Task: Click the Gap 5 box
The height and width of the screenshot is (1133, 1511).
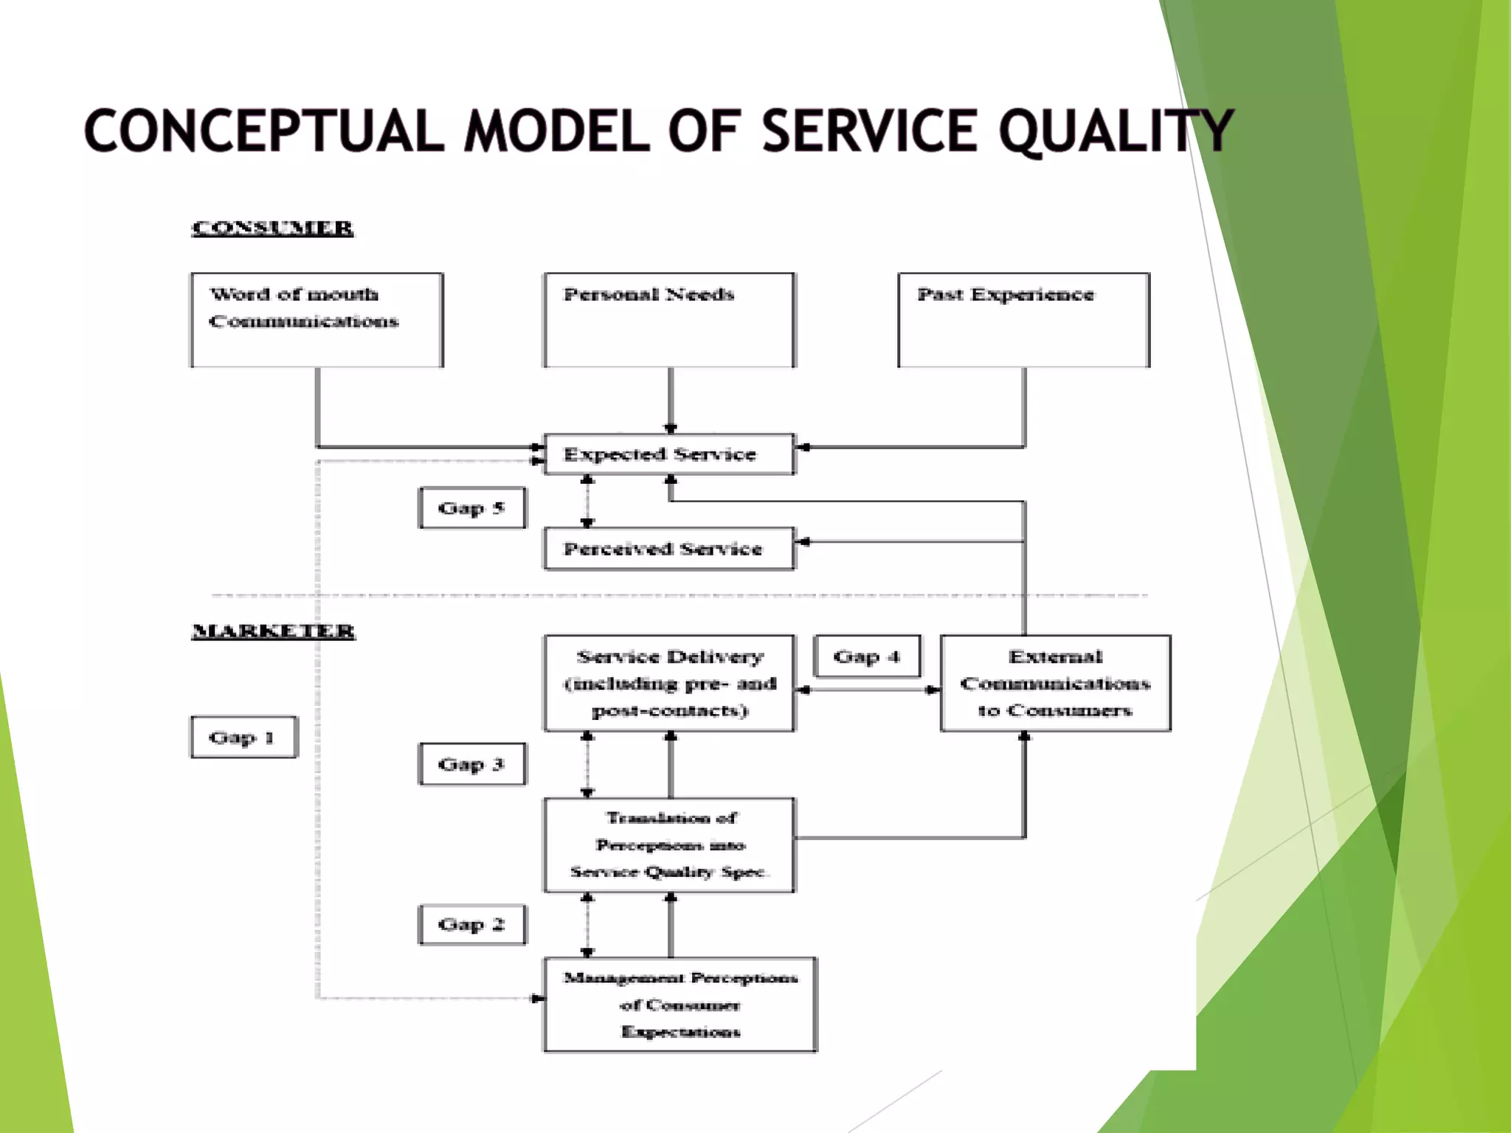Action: (x=472, y=508)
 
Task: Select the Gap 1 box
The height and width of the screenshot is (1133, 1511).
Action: (x=243, y=737)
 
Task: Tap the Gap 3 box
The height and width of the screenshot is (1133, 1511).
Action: (x=472, y=764)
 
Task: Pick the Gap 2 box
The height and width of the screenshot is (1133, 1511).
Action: (x=472, y=924)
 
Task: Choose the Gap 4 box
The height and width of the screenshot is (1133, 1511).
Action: (x=867, y=656)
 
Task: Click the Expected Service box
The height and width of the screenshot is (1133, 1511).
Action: (x=669, y=454)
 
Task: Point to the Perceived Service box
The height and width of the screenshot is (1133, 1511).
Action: (x=669, y=549)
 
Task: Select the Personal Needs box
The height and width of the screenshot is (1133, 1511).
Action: (x=669, y=320)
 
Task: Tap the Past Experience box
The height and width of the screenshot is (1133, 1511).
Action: (x=1023, y=320)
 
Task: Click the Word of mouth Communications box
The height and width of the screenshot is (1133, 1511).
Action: (x=317, y=320)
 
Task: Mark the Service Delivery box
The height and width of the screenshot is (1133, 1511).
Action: (x=669, y=683)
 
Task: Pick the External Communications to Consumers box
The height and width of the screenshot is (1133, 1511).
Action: (x=1055, y=683)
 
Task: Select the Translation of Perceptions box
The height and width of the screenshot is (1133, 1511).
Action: (x=669, y=845)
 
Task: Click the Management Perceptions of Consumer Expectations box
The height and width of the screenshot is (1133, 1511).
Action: (x=680, y=1004)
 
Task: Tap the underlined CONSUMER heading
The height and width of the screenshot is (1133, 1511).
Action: (x=272, y=228)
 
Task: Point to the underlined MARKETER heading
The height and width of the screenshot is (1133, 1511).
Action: (x=273, y=631)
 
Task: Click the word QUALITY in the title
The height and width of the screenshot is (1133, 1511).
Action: (x=1116, y=131)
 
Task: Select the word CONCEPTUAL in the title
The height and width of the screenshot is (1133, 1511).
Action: (x=264, y=131)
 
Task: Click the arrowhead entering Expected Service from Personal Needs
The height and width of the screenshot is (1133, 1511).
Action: (x=670, y=429)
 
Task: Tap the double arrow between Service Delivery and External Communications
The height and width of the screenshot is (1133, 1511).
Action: (x=868, y=690)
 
